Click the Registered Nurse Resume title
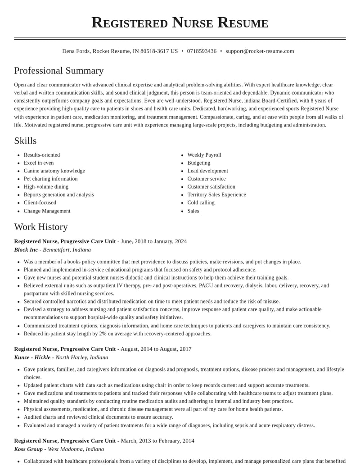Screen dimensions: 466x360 coord(180,23)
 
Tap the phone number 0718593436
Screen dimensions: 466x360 coord(202,51)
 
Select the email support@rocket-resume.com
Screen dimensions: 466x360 coord(260,51)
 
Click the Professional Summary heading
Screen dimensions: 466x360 coord(59,71)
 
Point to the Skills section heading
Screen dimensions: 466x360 coord(25,141)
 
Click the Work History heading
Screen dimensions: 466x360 coord(41,227)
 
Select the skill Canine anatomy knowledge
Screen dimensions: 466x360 coord(54,171)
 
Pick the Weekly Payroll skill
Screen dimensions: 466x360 coord(204,155)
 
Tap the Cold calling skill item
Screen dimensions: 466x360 coord(201,203)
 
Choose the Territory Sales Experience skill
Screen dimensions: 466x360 coord(216,195)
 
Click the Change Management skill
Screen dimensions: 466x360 coord(47,211)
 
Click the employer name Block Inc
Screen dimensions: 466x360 coord(26,250)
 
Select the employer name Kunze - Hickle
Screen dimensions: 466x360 coord(32,357)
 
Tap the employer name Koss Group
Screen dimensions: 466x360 coord(28,449)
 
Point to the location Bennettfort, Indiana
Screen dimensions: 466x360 coord(67,250)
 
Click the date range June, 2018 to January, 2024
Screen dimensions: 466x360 coord(153,241)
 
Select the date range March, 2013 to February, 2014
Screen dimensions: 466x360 coord(157,441)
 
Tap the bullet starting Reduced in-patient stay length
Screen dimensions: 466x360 coord(117,334)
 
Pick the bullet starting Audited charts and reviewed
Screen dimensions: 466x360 coord(98,417)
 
